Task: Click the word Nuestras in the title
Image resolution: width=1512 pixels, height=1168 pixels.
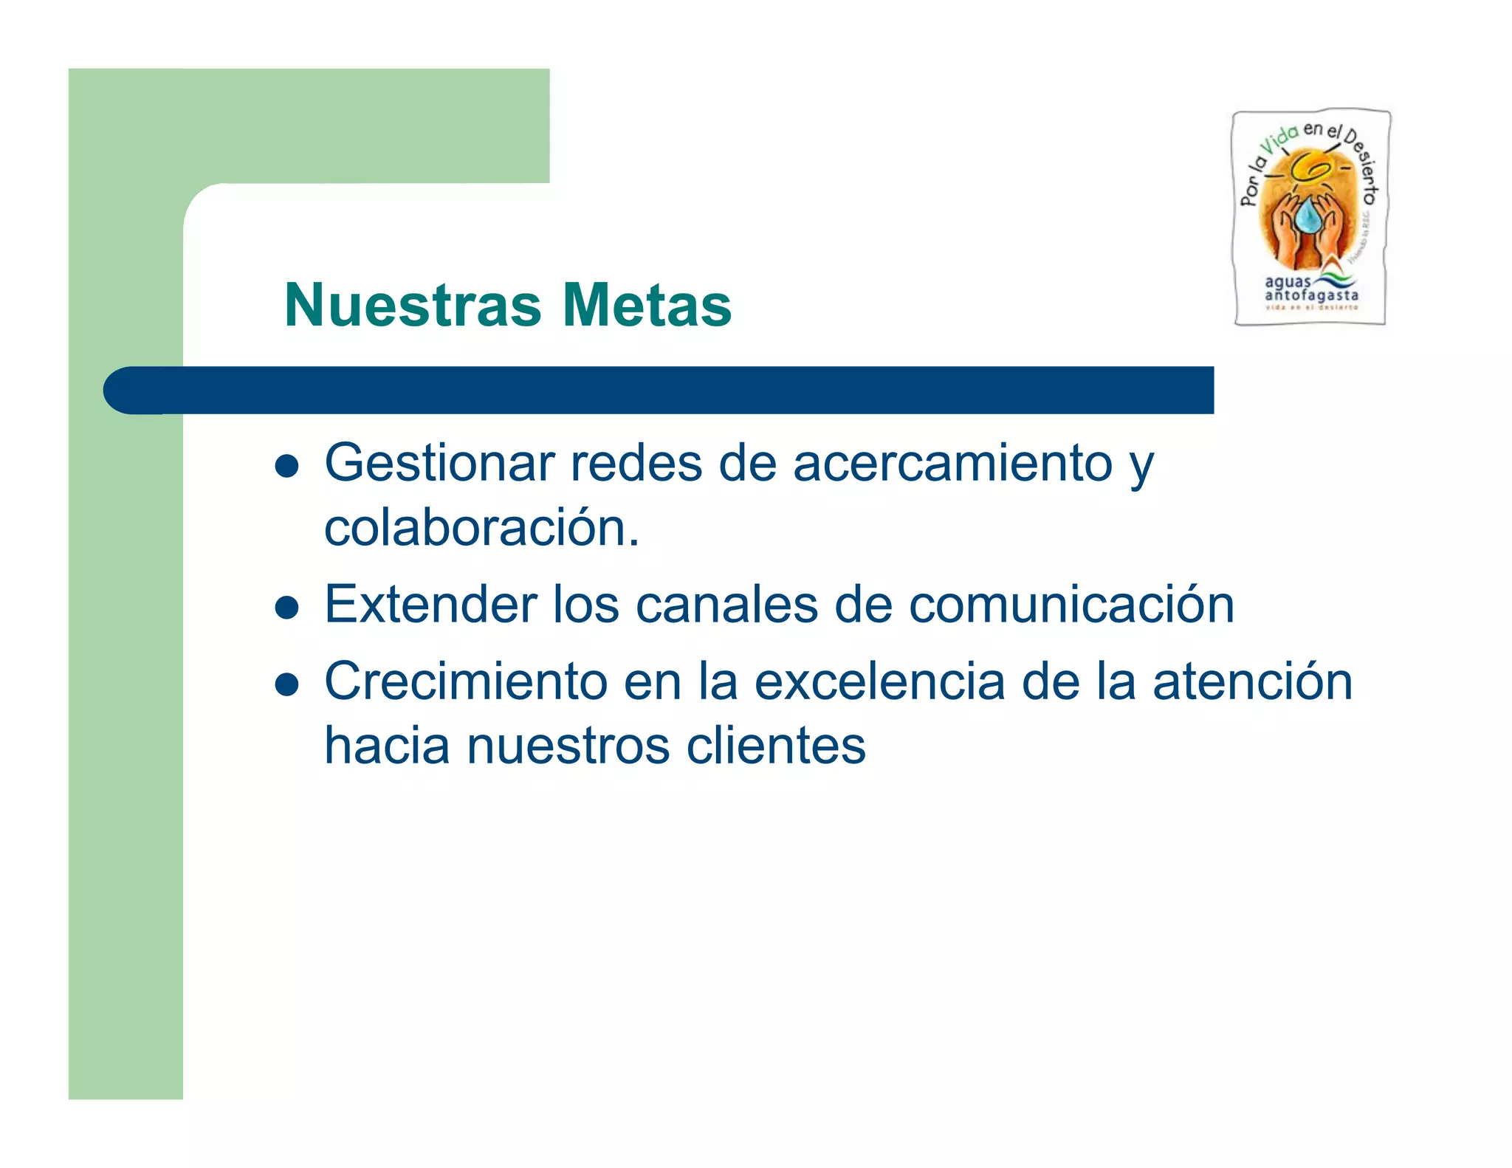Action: [x=413, y=305]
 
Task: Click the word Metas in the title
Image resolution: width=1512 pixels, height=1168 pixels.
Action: [x=647, y=305]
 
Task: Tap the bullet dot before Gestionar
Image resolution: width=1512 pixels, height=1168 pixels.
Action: [x=286, y=467]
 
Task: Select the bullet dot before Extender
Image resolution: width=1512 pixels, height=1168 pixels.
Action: [x=286, y=608]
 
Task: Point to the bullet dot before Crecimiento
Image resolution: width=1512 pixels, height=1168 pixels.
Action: [x=286, y=684]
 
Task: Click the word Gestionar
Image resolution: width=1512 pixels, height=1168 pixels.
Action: [x=440, y=464]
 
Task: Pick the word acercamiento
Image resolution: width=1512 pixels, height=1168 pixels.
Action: [x=952, y=464]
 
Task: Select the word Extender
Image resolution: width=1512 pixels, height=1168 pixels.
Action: [x=431, y=605]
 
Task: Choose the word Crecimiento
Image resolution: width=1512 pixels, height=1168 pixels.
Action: [x=465, y=681]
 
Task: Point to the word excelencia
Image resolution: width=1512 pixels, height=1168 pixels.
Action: [x=879, y=681]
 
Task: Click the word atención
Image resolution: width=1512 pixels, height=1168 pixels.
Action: [x=1252, y=681]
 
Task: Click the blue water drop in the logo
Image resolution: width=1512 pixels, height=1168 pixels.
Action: [x=1307, y=217]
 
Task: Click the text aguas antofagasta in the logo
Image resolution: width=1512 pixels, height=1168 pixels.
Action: [x=1310, y=289]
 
